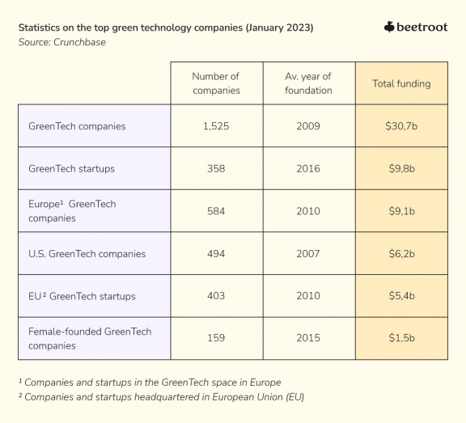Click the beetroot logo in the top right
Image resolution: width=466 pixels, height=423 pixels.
click(416, 27)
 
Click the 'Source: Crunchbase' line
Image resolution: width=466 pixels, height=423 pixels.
click(61, 42)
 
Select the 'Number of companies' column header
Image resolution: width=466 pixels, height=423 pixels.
click(216, 83)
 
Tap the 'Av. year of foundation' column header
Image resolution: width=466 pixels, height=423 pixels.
click(308, 83)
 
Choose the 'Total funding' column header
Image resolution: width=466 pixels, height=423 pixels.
click(401, 83)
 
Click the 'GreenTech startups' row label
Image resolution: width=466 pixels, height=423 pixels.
click(71, 169)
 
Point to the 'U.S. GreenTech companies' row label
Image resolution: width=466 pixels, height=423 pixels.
click(87, 254)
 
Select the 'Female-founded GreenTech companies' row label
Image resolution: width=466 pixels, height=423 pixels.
click(90, 338)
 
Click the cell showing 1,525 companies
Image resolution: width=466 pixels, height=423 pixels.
click(216, 126)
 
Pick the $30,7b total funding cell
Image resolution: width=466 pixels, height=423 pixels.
click(401, 126)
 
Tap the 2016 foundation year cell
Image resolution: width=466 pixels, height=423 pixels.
click(308, 169)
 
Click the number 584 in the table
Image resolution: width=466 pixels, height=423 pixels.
click(216, 211)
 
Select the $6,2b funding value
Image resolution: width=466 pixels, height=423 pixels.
click(401, 254)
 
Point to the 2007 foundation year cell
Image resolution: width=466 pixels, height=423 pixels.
click(308, 254)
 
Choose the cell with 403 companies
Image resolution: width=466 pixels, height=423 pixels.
click(216, 296)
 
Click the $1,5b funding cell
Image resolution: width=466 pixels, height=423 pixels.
click(401, 338)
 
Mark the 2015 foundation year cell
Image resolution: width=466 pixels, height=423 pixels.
click(308, 338)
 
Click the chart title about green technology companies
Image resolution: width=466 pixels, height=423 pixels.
click(166, 27)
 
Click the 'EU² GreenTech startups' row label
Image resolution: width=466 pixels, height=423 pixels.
click(82, 296)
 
